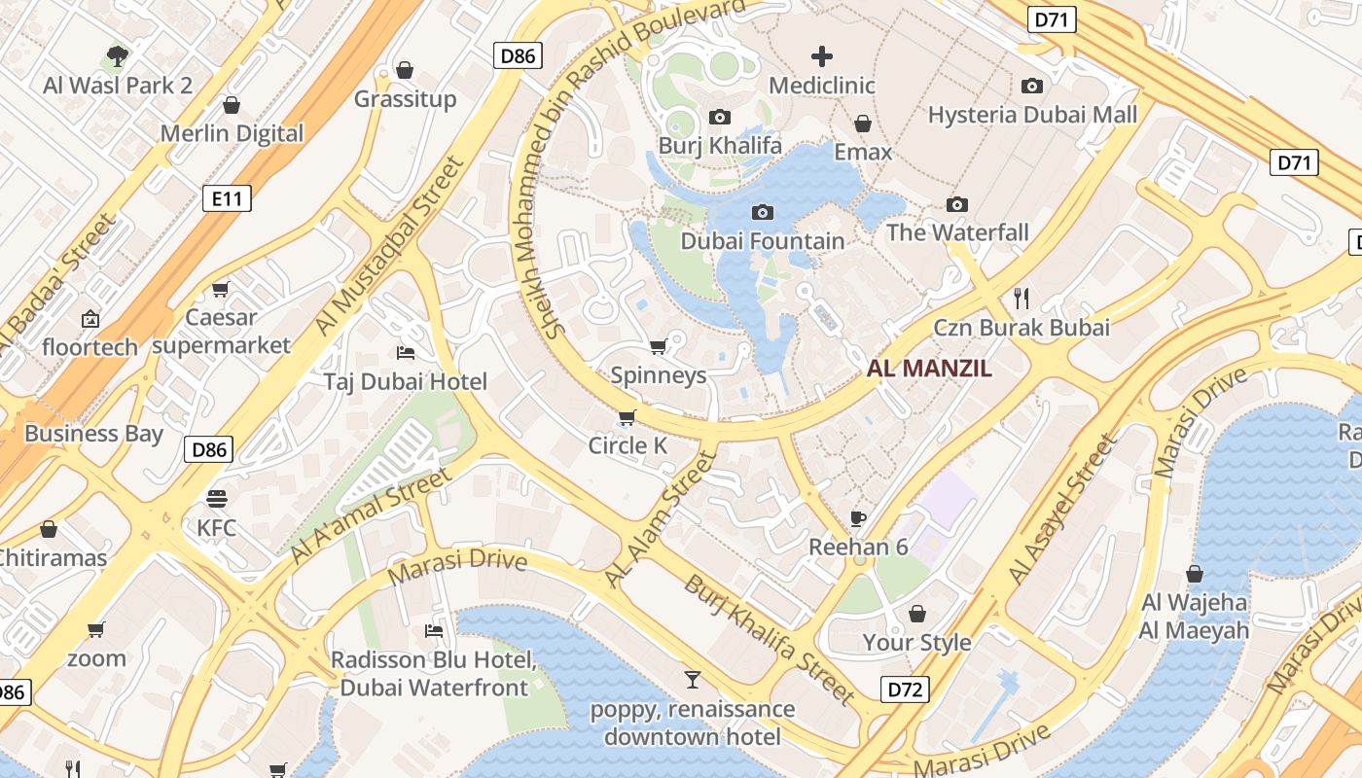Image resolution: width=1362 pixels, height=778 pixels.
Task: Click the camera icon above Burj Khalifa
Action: pos(720,118)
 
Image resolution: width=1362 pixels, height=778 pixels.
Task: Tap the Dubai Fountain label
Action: pos(762,241)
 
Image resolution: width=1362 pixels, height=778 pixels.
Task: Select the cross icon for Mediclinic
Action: pos(822,56)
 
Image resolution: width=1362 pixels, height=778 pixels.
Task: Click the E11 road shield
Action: pos(227,199)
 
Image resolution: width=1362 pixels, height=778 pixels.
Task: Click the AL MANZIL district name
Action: pos(929,369)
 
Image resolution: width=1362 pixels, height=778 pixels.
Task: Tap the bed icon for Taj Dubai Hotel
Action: pos(406,352)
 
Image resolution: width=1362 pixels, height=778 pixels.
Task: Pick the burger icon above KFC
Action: pos(216,499)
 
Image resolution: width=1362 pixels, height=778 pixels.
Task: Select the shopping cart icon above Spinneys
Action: pos(658,347)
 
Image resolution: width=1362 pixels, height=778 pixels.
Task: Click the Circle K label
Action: pos(627,445)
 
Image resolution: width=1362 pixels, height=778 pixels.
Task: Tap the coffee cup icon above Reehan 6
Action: pos(857,518)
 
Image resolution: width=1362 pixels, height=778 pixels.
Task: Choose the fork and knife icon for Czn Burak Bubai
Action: pos(1021,298)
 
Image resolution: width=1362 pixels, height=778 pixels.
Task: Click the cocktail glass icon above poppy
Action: pos(692,679)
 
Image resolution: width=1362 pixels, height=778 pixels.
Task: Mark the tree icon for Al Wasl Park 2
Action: pos(118,56)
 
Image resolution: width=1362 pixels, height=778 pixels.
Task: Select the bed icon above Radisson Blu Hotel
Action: pos(434,631)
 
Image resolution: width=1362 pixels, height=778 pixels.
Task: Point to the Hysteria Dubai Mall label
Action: pos(1032,115)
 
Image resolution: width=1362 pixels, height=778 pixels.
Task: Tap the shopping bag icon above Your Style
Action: pos(916,614)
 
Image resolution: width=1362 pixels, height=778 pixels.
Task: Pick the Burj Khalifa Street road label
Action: pos(769,638)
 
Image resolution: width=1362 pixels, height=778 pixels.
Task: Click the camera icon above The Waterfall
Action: pos(957,204)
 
